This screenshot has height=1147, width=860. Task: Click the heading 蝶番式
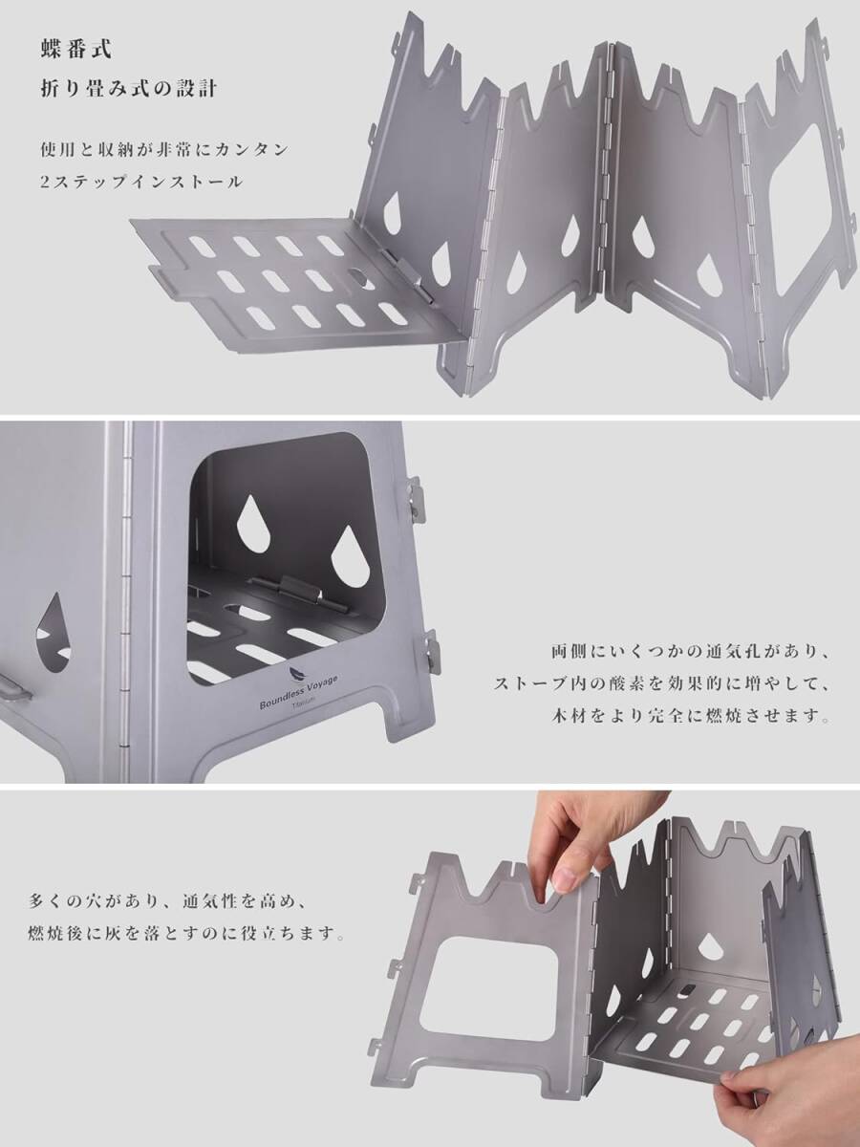point(75,50)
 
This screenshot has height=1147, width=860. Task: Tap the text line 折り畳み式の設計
point(128,89)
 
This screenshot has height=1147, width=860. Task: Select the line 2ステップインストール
point(141,182)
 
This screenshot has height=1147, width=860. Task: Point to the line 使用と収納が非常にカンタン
point(164,150)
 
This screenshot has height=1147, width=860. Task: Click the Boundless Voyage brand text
point(299,691)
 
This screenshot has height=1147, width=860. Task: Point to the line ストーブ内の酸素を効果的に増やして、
point(661,683)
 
